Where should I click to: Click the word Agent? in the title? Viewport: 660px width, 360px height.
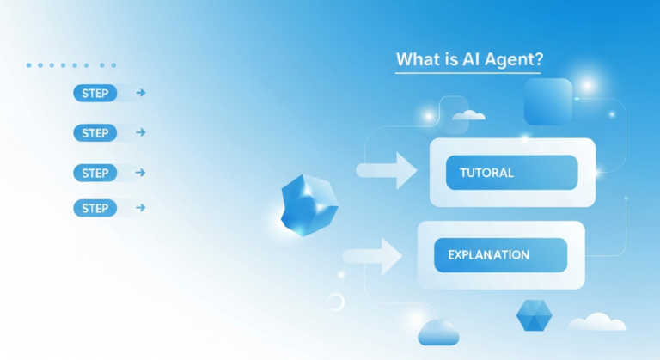click(x=513, y=61)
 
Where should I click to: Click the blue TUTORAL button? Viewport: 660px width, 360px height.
click(x=511, y=173)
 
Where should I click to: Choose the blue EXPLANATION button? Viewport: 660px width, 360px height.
click(x=500, y=255)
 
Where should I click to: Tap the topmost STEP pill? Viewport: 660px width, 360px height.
click(x=95, y=93)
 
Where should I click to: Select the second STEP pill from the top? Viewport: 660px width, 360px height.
click(x=95, y=133)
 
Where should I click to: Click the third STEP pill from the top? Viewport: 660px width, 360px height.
click(x=95, y=173)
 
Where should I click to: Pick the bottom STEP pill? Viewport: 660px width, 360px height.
click(x=95, y=207)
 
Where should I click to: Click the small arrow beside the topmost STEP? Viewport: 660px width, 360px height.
click(x=141, y=93)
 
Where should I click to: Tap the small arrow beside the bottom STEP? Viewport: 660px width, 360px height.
click(x=141, y=207)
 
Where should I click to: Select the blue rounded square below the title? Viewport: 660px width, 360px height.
click(x=547, y=102)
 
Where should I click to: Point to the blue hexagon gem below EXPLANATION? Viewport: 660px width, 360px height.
click(x=534, y=315)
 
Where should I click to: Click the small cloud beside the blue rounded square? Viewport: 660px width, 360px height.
click(x=468, y=114)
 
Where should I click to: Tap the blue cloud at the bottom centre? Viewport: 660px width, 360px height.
click(x=437, y=332)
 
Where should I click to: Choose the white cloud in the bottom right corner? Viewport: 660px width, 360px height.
click(x=596, y=322)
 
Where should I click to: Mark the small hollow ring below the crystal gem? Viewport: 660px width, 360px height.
click(x=335, y=302)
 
